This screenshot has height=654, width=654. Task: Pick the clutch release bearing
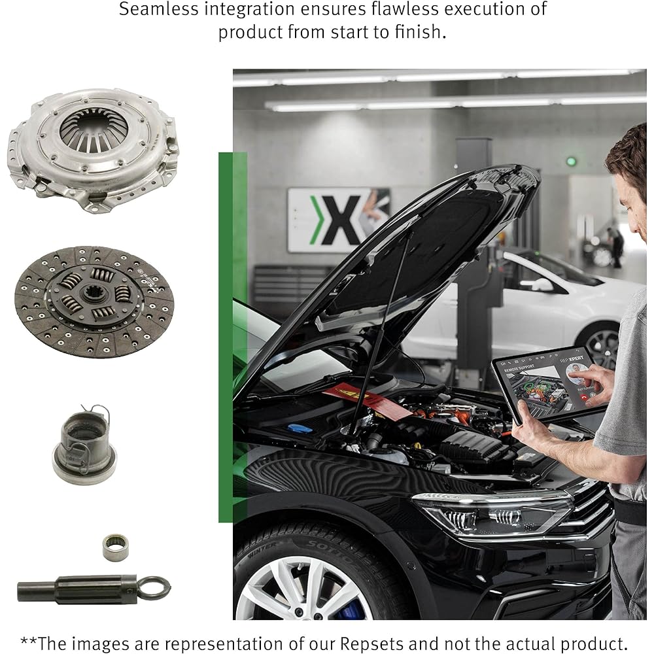84,445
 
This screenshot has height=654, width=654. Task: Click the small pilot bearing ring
116,547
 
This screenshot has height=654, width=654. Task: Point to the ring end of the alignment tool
154,587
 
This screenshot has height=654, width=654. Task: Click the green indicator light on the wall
572,161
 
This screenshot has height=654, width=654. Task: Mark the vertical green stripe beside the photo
226,337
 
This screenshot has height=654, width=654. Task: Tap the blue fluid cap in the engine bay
300,429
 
